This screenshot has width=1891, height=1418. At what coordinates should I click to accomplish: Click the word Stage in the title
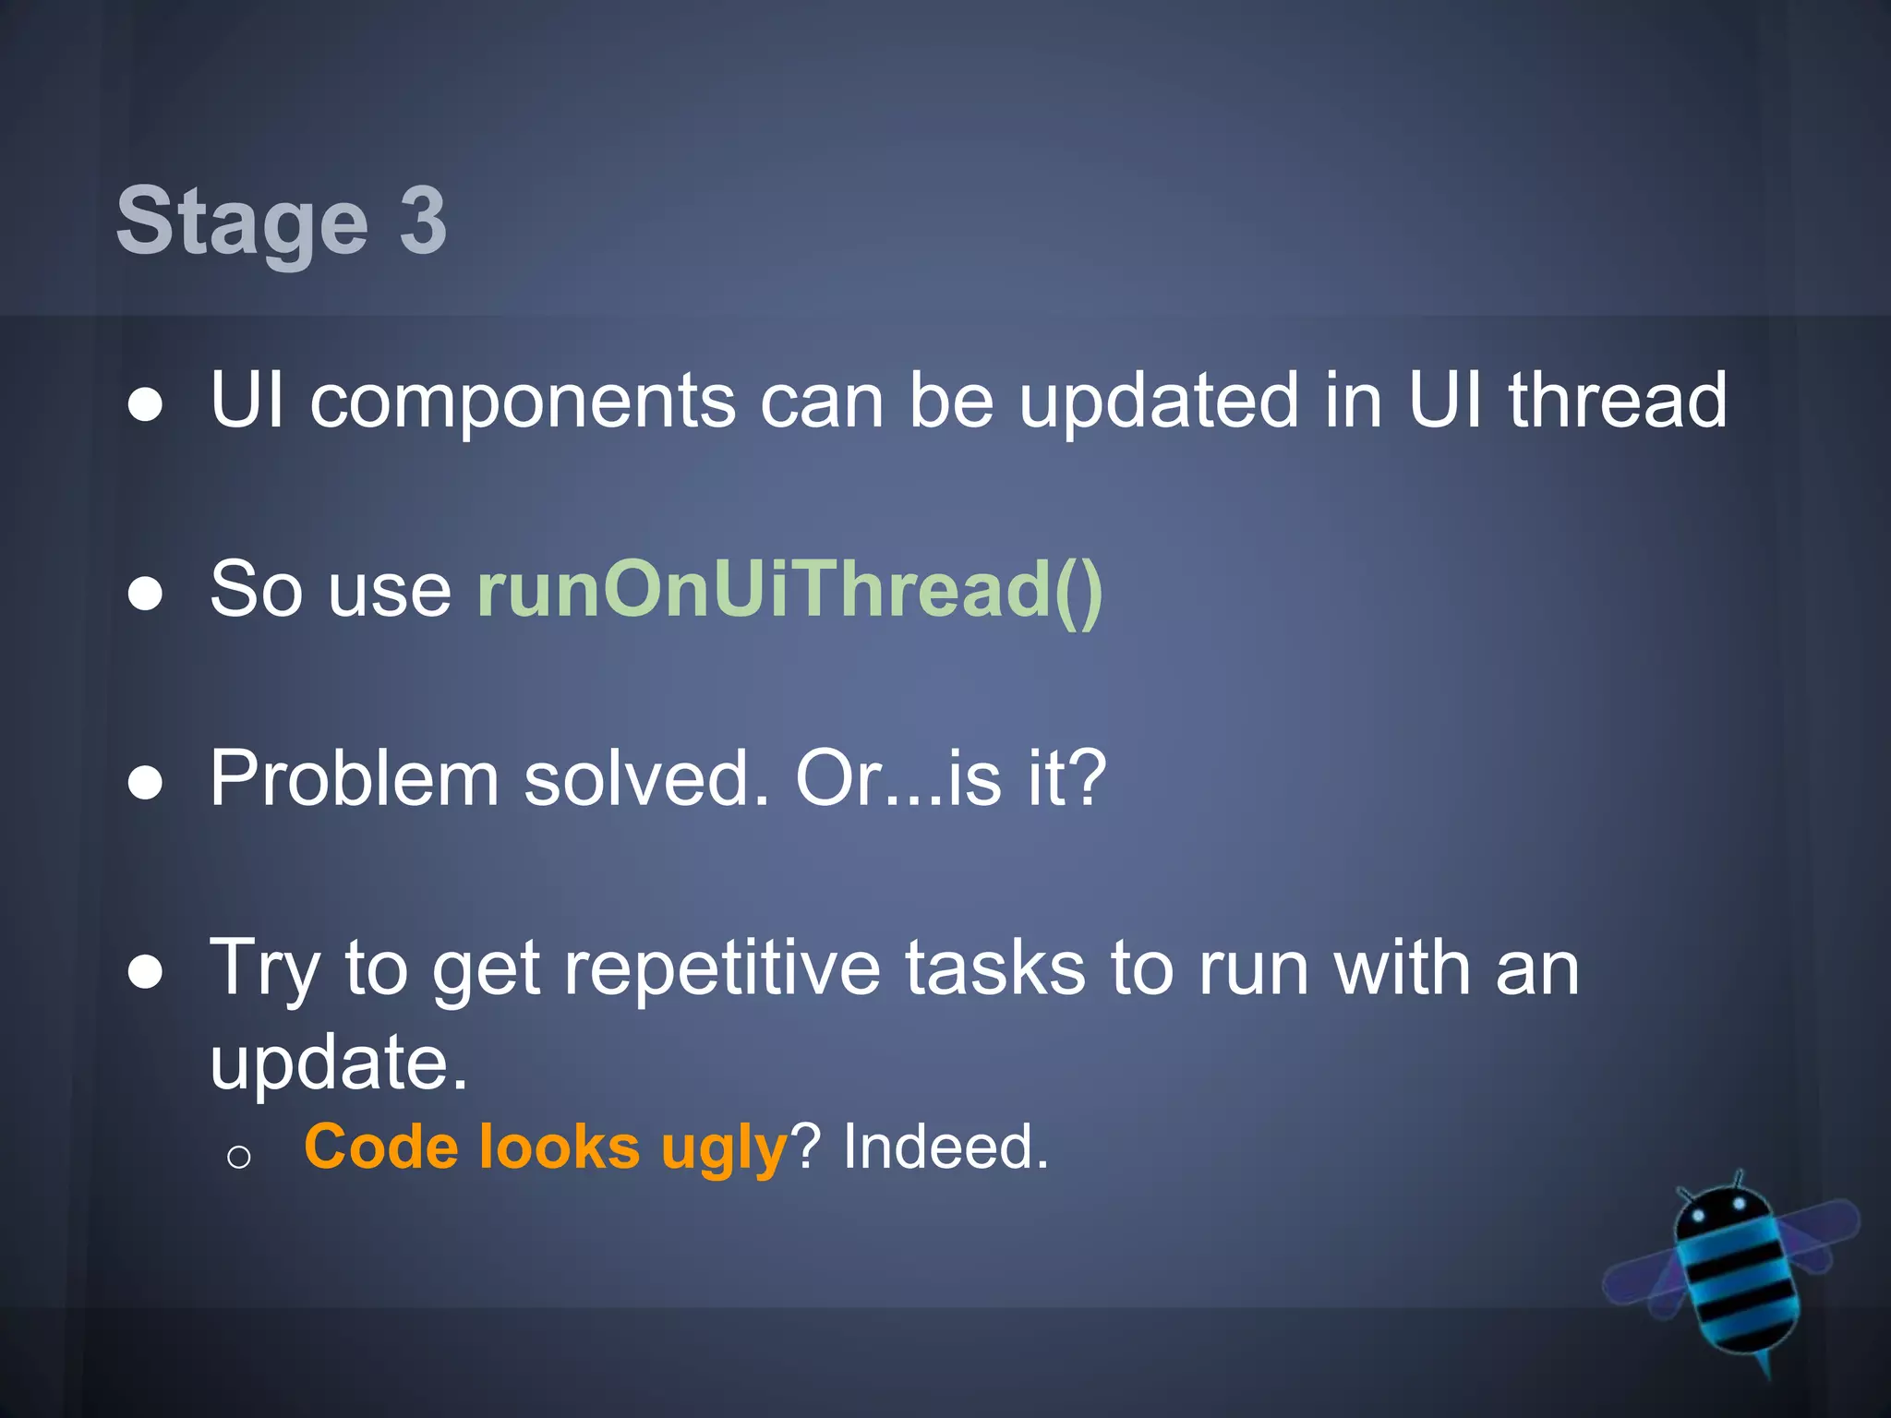click(x=242, y=222)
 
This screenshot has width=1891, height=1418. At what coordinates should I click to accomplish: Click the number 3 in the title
click(x=423, y=221)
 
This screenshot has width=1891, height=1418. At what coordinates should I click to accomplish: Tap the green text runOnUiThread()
click(x=790, y=590)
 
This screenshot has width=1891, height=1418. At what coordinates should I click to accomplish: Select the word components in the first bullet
click(x=523, y=402)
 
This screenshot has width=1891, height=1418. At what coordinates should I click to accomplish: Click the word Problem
click(x=355, y=778)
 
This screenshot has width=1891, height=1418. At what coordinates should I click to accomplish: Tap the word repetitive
click(x=722, y=968)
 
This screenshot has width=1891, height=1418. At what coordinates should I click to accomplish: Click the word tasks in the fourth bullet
click(x=994, y=968)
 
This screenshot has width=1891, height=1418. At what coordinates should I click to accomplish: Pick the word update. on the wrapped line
click(x=339, y=1063)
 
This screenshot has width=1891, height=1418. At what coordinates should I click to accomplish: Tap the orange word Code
click(x=381, y=1148)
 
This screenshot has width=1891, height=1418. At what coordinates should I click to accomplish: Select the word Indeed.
click(x=945, y=1148)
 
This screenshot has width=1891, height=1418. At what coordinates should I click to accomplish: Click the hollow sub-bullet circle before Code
click(x=238, y=1157)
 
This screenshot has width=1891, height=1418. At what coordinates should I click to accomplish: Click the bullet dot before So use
click(x=145, y=594)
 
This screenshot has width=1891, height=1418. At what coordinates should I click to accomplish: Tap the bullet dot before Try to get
click(x=145, y=972)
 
